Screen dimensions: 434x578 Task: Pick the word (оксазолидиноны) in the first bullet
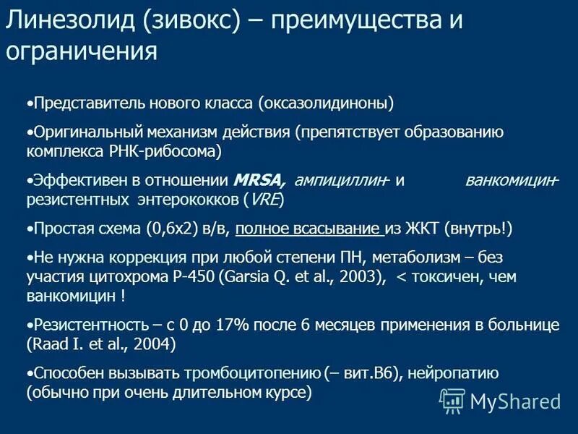[326, 104]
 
